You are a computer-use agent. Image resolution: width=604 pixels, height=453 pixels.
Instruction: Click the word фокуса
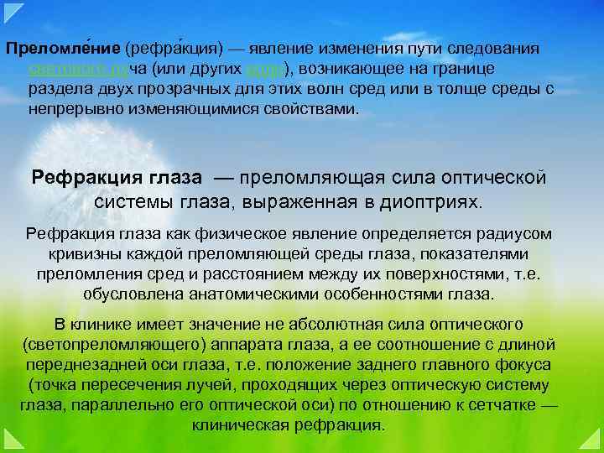click(525, 364)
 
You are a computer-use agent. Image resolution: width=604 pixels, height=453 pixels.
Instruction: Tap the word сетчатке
click(493, 404)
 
